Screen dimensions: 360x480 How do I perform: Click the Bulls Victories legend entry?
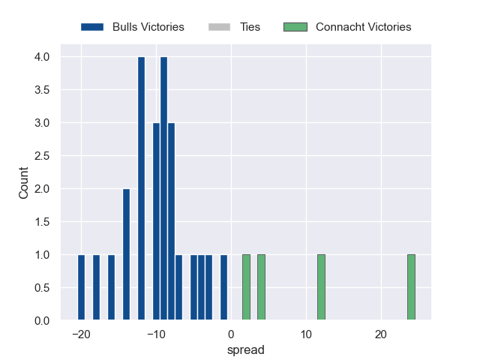[x=133, y=27]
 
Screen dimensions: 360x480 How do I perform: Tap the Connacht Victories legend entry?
[x=347, y=27]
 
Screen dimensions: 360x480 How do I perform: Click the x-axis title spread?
[x=246, y=349]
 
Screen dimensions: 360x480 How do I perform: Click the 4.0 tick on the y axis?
[x=41, y=57]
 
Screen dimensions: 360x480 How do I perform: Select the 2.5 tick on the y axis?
[x=41, y=156]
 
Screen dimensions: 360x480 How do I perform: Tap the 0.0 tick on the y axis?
[x=41, y=321]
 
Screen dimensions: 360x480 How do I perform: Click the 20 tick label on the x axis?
[x=381, y=334]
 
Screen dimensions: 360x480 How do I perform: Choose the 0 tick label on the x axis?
[x=231, y=334]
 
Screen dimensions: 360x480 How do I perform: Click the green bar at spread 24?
[x=411, y=288]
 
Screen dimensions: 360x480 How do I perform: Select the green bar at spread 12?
[x=321, y=288]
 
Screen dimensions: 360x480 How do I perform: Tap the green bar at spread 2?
[x=246, y=288]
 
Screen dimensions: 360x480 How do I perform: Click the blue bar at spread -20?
[x=81, y=288]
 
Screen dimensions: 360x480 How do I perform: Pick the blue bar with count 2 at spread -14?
[x=126, y=255]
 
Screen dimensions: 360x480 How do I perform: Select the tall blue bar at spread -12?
[x=141, y=189]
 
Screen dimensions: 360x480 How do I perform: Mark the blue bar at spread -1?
[x=223, y=288]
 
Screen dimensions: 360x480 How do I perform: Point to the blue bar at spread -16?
[x=111, y=288]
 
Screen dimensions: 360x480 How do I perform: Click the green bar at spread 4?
[x=261, y=288]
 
